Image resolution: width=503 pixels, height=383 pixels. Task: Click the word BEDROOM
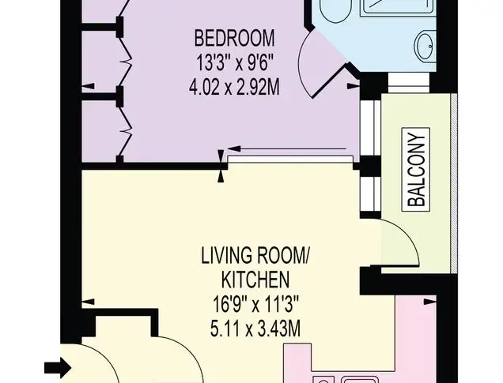tap(235, 38)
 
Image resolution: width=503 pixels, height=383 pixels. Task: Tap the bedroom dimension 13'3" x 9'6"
tap(235, 62)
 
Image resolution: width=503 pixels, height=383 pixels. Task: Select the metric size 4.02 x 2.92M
tap(235, 87)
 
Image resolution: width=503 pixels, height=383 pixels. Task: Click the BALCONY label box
tap(416, 170)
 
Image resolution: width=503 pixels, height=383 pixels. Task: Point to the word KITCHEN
tap(255, 280)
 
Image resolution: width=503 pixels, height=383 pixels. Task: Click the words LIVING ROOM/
tap(255, 256)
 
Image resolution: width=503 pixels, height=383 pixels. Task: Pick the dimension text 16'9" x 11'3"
tap(255, 304)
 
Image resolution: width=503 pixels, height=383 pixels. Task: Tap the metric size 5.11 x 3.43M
tap(255, 329)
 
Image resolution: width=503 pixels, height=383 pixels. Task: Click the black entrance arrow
tap(58, 367)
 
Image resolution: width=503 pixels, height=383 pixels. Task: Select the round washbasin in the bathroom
tap(426, 46)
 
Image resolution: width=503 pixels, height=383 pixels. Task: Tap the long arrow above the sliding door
tap(287, 148)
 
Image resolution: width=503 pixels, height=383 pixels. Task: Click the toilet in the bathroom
tap(335, 9)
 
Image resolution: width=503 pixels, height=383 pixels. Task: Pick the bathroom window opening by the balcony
tap(409, 83)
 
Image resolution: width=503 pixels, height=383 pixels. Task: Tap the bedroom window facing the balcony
tap(370, 128)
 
